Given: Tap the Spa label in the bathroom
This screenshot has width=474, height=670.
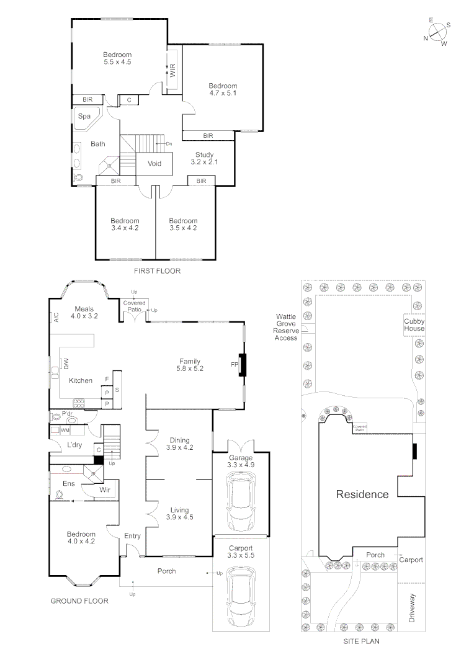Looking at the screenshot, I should pos(84,116).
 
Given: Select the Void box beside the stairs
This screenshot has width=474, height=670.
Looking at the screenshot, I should pos(154,164).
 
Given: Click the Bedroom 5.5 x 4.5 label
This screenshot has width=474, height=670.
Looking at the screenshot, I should pos(117,58).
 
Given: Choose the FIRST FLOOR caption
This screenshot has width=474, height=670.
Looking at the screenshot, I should pos(157,271).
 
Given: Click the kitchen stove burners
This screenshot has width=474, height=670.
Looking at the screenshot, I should pos(81,401).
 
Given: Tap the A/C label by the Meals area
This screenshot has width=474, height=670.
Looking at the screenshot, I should pos(55,318).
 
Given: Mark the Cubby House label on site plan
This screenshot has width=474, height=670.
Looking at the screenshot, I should pos(414,325).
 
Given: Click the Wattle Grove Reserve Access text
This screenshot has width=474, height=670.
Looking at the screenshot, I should pos(287,327).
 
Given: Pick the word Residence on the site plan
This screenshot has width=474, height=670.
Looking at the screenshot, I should pos(362,494).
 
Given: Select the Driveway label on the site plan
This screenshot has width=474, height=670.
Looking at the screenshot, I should pos(411,607).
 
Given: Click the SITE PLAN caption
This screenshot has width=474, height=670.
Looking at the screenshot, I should pos(362,642).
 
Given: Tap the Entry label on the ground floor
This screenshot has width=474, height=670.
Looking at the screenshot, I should pos(132,536).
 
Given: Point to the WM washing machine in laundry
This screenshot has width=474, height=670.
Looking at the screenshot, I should pos(65,429).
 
